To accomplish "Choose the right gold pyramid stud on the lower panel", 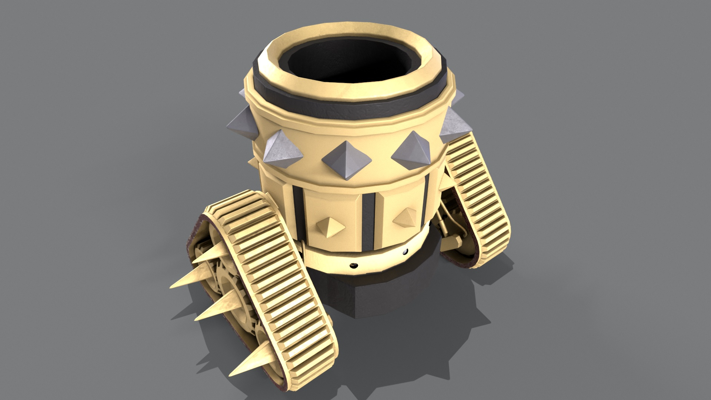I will click(406, 219).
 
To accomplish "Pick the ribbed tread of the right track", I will click(478, 193).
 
